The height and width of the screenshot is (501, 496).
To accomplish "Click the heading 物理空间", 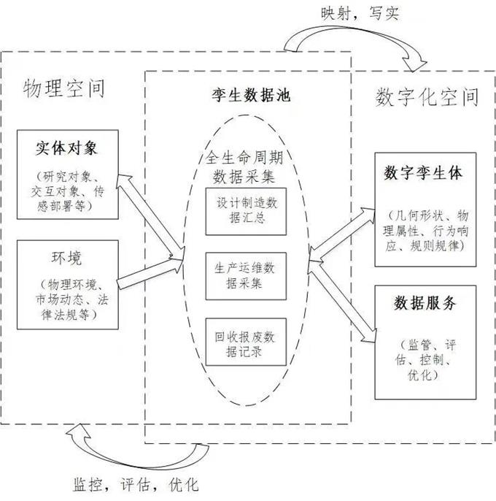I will [x=64, y=88].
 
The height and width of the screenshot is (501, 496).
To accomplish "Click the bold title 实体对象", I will [x=66, y=149].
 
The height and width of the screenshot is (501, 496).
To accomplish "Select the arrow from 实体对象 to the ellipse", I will [x=150, y=215].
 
